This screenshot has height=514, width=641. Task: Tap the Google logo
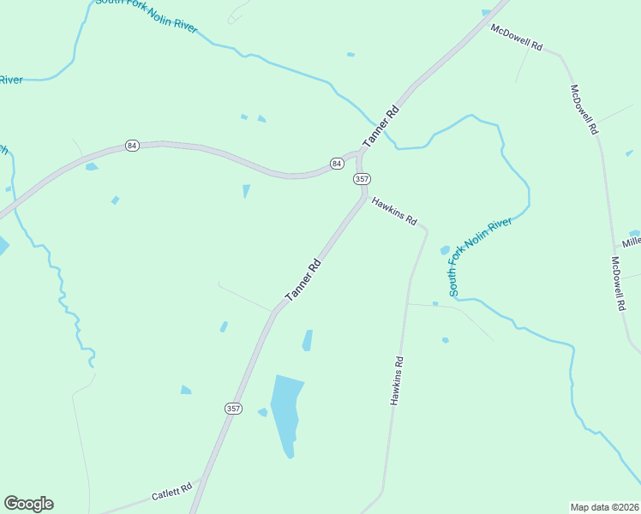point(28,504)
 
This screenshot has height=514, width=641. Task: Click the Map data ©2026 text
point(604,506)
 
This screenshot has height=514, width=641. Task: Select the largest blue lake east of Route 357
point(286,412)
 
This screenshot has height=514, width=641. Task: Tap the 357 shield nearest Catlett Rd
point(233,409)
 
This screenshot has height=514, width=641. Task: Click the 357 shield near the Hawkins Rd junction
point(361,178)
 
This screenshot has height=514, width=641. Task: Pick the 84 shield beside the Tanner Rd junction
point(338,163)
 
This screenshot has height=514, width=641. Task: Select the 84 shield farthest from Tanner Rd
point(131,146)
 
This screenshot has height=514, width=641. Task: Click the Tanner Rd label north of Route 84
point(381,126)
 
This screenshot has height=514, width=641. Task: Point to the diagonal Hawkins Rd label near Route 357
point(393,211)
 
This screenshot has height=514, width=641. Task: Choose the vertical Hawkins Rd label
point(397,381)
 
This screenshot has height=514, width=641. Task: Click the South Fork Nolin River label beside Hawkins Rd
point(480,256)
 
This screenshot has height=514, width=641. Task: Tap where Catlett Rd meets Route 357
point(201,479)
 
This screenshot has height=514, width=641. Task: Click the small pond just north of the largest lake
point(307,340)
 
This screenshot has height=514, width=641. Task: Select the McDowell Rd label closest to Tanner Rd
point(517,37)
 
